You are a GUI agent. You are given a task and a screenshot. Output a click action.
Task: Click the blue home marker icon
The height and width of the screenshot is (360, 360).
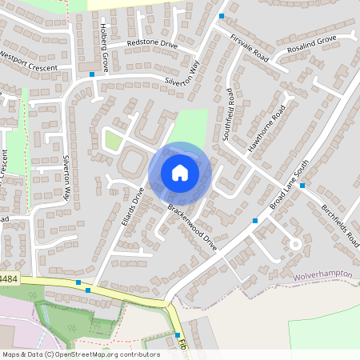[180, 173]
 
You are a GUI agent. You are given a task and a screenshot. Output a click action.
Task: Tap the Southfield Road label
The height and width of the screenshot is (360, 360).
[228, 114]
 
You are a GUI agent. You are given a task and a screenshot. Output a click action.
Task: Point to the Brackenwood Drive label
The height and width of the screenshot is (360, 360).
[193, 227]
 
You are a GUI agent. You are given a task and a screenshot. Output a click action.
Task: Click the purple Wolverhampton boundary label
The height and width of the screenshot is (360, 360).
[323, 274]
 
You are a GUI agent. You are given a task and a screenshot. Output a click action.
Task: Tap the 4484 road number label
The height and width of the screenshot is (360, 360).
[8, 278]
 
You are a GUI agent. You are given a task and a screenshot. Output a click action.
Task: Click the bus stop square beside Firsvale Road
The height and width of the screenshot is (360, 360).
[222, 16]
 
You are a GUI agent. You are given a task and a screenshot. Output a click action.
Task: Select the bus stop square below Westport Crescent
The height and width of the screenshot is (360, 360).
[93, 74]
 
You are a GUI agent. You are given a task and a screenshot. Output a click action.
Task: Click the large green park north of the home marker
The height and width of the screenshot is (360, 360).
[192, 126]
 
